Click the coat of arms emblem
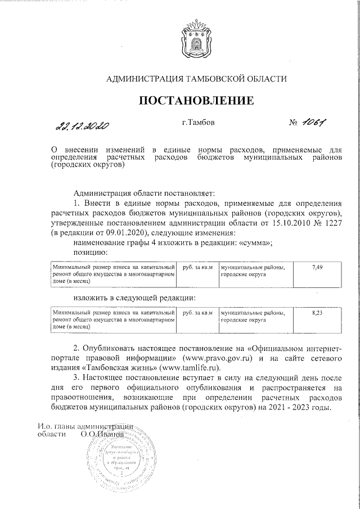pyautogui.click(x=197, y=39)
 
